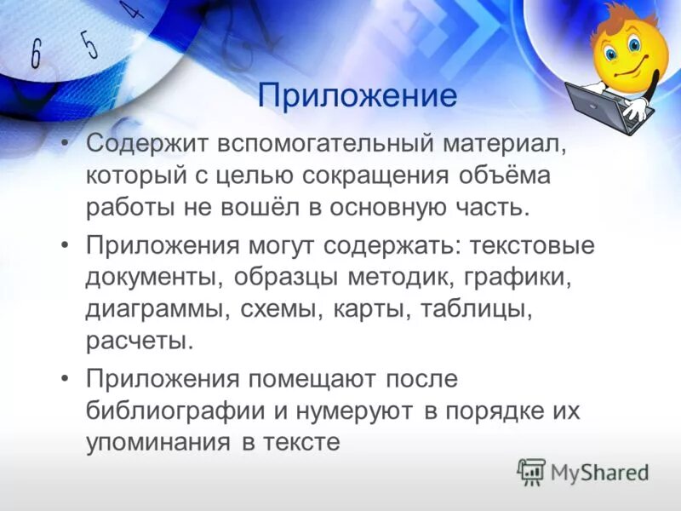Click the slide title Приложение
(358, 95)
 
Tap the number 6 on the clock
(36, 55)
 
